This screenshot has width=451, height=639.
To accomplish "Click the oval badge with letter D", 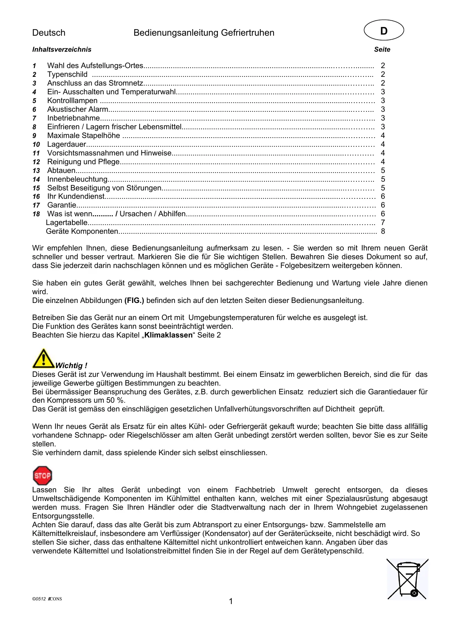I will [384, 30].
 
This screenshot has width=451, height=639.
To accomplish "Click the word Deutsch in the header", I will [49, 33].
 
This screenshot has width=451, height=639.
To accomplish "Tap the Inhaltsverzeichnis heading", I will [62, 50].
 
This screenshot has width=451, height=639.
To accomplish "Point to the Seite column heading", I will [382, 50].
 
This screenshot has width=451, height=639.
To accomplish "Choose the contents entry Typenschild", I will [67, 74].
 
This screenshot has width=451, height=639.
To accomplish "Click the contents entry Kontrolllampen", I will [72, 100].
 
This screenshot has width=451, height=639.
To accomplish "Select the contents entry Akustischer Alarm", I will [77, 109].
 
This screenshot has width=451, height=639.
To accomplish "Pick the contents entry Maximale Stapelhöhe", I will [83, 135].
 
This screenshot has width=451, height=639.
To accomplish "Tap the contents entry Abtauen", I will [61, 170].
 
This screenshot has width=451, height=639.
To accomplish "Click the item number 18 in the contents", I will [36, 214].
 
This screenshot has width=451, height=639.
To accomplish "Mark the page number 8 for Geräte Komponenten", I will [383, 231].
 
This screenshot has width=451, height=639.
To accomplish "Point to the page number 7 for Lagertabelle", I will [383, 222].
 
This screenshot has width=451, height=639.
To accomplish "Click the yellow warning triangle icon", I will [43, 359].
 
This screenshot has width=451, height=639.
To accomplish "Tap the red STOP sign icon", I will [42, 476].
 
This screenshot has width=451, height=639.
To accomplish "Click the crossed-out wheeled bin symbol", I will [407, 579].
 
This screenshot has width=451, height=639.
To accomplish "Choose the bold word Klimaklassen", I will [168, 335].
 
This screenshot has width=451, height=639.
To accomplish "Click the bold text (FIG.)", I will [134, 300].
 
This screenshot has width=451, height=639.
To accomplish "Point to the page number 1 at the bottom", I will [231, 601].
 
